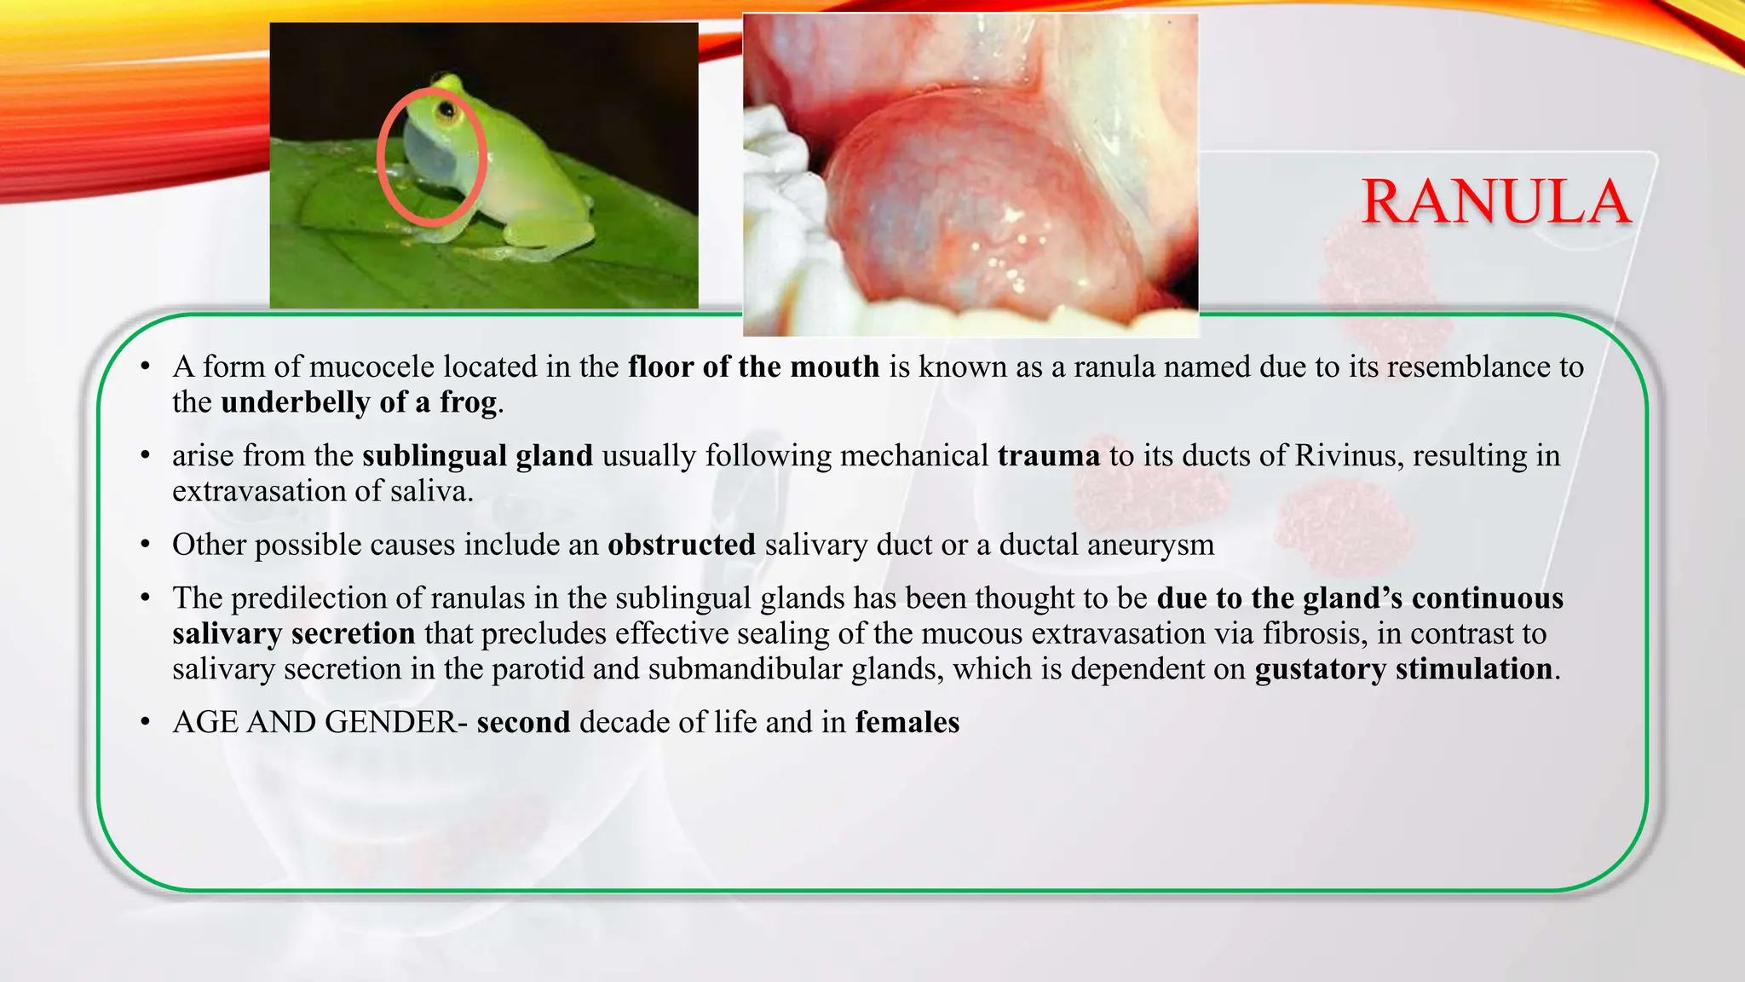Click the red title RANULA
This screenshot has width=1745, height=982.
(1495, 202)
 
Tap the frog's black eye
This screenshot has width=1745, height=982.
(445, 110)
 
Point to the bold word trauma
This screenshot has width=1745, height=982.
(1049, 456)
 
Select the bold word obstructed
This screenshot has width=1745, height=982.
(681, 545)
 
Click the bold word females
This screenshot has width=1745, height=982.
(907, 723)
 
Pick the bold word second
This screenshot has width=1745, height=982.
(523, 723)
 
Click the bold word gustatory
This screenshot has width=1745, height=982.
(1320, 669)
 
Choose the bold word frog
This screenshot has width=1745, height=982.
(468, 402)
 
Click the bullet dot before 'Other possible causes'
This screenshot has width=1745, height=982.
(146, 545)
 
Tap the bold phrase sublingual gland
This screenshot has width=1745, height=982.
(477, 456)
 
